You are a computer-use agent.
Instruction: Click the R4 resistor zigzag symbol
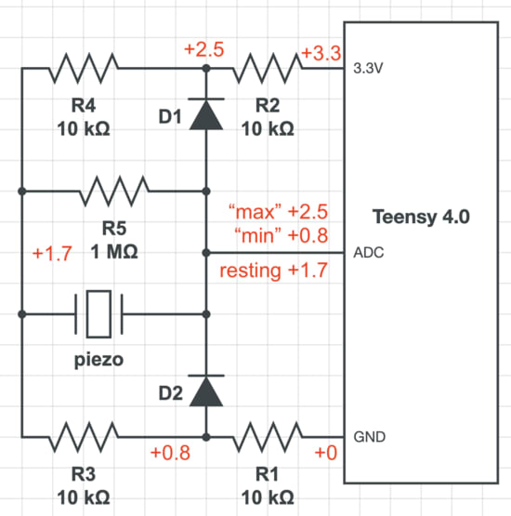click(x=84, y=68)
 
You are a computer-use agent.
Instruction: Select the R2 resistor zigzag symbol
click(x=268, y=68)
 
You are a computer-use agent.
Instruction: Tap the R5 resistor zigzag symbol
click(x=113, y=191)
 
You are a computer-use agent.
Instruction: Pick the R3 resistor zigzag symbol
click(x=84, y=437)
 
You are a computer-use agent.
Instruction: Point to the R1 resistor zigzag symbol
click(x=268, y=437)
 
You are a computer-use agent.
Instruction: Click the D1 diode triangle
click(x=206, y=115)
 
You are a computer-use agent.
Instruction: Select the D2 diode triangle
click(x=206, y=391)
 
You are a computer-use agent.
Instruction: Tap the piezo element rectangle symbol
click(x=98, y=314)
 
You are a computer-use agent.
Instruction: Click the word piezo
click(x=99, y=360)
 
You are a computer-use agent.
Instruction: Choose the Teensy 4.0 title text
click(x=421, y=217)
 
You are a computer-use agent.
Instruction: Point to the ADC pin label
click(x=369, y=253)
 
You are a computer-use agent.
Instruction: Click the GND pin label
click(x=369, y=437)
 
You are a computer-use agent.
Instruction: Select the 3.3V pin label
click(x=368, y=69)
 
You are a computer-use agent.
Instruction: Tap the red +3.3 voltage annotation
click(x=321, y=53)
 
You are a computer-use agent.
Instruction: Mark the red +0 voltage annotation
click(x=326, y=453)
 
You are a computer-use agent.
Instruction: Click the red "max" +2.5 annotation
click(x=278, y=212)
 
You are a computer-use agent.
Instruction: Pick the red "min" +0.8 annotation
click(x=282, y=235)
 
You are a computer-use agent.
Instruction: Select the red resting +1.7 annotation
click(x=273, y=271)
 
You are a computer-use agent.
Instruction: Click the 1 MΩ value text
click(x=114, y=252)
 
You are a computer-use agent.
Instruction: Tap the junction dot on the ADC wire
click(x=206, y=253)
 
